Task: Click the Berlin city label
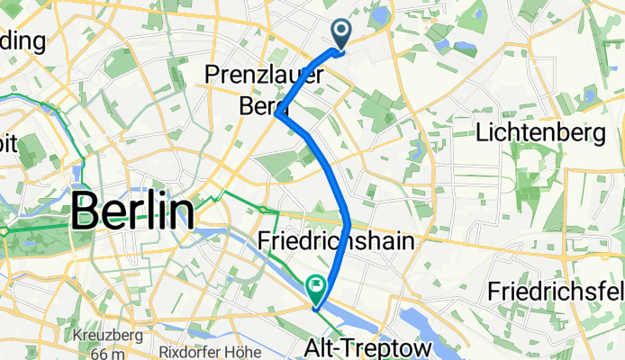pos(132,212)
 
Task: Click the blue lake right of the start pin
pos(379,15)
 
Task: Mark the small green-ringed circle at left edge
pos(5,230)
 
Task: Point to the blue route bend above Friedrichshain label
pos(347,216)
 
